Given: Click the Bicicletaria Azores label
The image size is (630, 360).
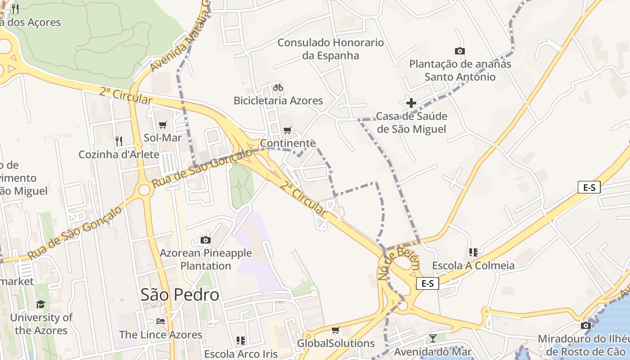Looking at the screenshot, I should pyautogui.click(x=278, y=100).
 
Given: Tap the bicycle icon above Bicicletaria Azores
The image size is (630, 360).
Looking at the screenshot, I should pyautogui.click(x=278, y=87).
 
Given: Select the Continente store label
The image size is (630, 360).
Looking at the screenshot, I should pyautogui.click(x=288, y=143).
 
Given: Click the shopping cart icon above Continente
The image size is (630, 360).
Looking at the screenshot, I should pyautogui.click(x=288, y=130).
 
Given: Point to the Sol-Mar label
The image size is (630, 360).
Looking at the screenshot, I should pyautogui.click(x=162, y=138).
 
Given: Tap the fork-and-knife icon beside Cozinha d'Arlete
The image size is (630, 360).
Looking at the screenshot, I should pyautogui.click(x=119, y=141).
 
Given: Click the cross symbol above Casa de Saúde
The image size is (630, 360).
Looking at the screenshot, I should pyautogui.click(x=411, y=103).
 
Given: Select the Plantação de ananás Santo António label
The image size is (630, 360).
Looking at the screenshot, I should pyautogui.click(x=460, y=70).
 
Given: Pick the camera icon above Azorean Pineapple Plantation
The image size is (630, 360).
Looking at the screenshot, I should pyautogui.click(x=205, y=240).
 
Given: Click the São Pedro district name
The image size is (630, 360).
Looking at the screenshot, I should pyautogui.click(x=180, y=295).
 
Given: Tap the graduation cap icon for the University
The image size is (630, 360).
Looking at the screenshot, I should pyautogui.click(x=41, y=304).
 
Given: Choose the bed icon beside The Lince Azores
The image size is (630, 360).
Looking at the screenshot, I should pyautogui.click(x=161, y=321).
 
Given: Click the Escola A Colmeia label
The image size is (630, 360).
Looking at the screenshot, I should pyautogui.click(x=473, y=265).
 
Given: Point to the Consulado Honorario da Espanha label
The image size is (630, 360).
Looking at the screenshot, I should pyautogui.click(x=331, y=49).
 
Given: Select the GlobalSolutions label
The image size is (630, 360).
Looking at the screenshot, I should pyautogui.click(x=336, y=343).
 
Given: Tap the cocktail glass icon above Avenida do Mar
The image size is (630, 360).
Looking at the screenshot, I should pyautogui.click(x=433, y=338).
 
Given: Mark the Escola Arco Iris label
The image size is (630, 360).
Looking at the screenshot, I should pyautogui.click(x=241, y=354).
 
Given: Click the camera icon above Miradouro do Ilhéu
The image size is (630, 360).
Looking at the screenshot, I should pyautogui.click(x=585, y=325).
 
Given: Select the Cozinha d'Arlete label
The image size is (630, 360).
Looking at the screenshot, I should pyautogui.click(x=119, y=154).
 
